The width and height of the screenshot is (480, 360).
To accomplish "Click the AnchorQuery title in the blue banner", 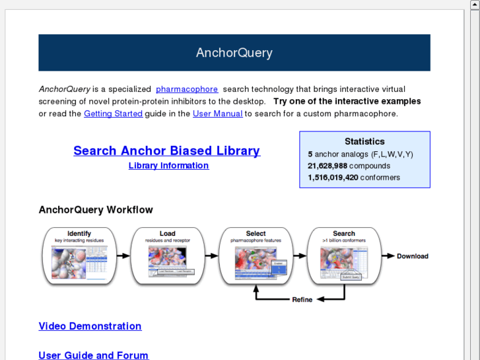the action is pyautogui.click(x=234, y=53).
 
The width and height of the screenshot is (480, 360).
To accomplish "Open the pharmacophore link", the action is pyautogui.click(x=187, y=89).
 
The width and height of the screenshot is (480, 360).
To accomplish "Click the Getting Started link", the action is pyautogui.click(x=113, y=114).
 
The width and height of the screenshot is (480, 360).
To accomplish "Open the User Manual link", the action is pyautogui.click(x=217, y=114).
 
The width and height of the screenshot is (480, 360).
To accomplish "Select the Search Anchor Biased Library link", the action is pyautogui.click(x=166, y=151).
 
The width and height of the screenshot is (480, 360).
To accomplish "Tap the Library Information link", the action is pyautogui.click(x=168, y=166).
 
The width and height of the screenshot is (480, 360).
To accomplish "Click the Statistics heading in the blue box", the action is pyautogui.click(x=364, y=141).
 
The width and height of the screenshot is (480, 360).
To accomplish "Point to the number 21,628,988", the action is pyautogui.click(x=327, y=166).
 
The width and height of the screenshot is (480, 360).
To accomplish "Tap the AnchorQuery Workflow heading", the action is pyautogui.click(x=96, y=210).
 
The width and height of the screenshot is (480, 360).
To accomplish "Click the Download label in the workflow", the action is pyautogui.click(x=412, y=256).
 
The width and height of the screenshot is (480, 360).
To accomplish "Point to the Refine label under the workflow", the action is pyautogui.click(x=302, y=300).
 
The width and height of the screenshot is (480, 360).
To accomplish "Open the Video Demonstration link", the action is pyautogui.click(x=90, y=326).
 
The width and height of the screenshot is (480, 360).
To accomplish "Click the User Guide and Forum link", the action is pyautogui.click(x=93, y=355).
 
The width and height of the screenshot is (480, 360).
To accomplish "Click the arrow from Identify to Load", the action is pyautogui.click(x=123, y=256).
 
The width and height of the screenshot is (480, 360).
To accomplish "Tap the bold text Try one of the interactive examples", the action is pyautogui.click(x=347, y=102).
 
